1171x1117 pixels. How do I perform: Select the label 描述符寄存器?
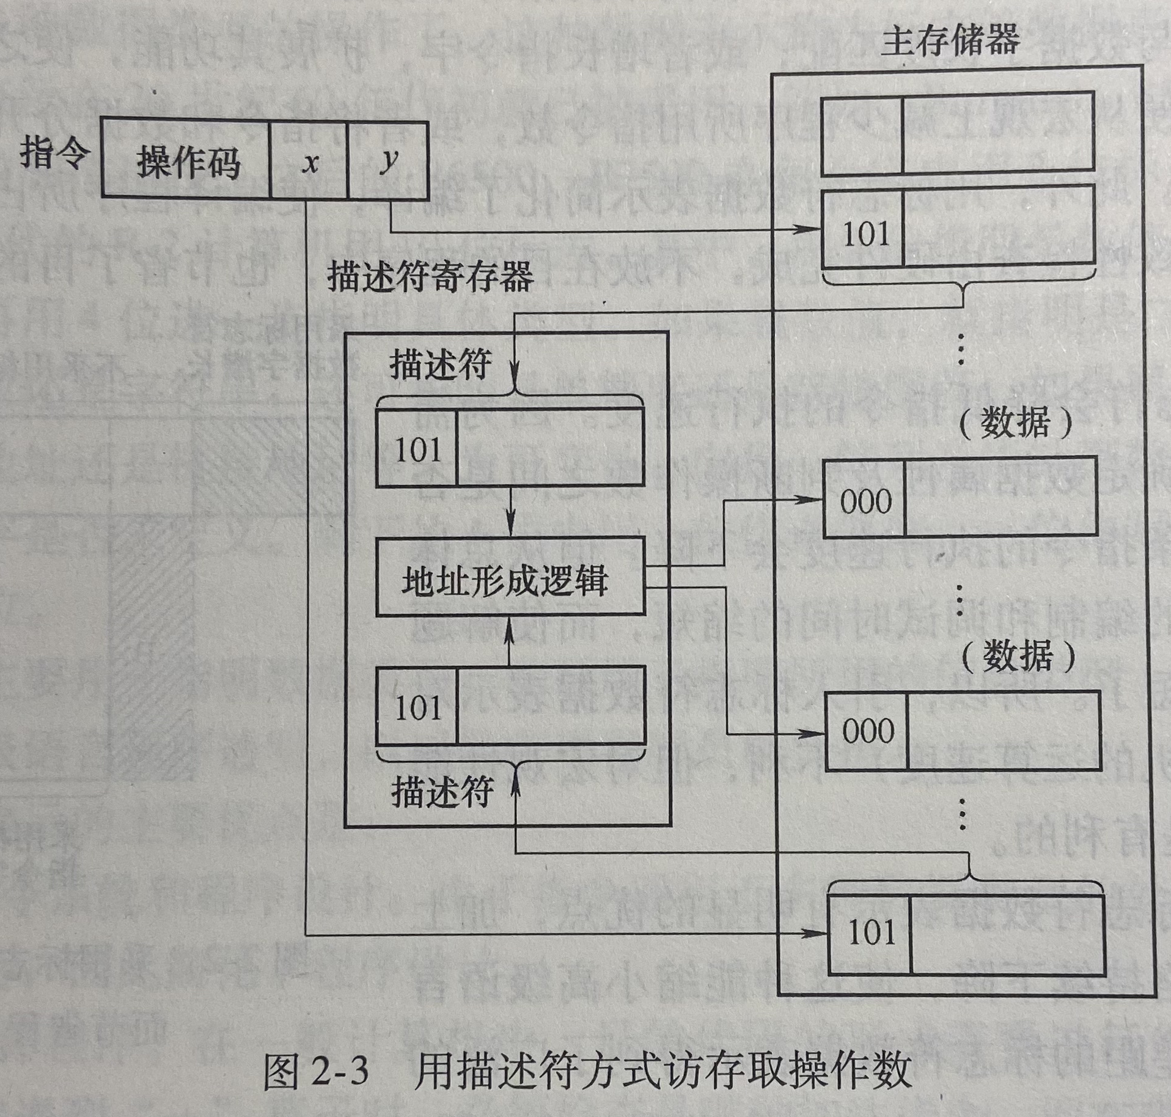coord(430,277)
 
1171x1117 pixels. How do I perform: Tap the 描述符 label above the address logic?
coord(440,365)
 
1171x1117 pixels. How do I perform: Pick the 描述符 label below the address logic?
coord(442,793)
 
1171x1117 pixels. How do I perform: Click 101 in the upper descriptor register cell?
coord(418,449)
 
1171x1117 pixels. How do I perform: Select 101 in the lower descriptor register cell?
coord(418,707)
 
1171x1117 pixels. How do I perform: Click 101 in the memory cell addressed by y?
coord(865,233)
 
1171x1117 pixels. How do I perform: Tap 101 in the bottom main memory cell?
coord(871,933)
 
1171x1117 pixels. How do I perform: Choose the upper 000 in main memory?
coord(865,501)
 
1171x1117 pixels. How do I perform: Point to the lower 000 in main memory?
coord(868,731)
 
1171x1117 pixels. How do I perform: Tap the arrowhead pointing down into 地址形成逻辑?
coord(511,531)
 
